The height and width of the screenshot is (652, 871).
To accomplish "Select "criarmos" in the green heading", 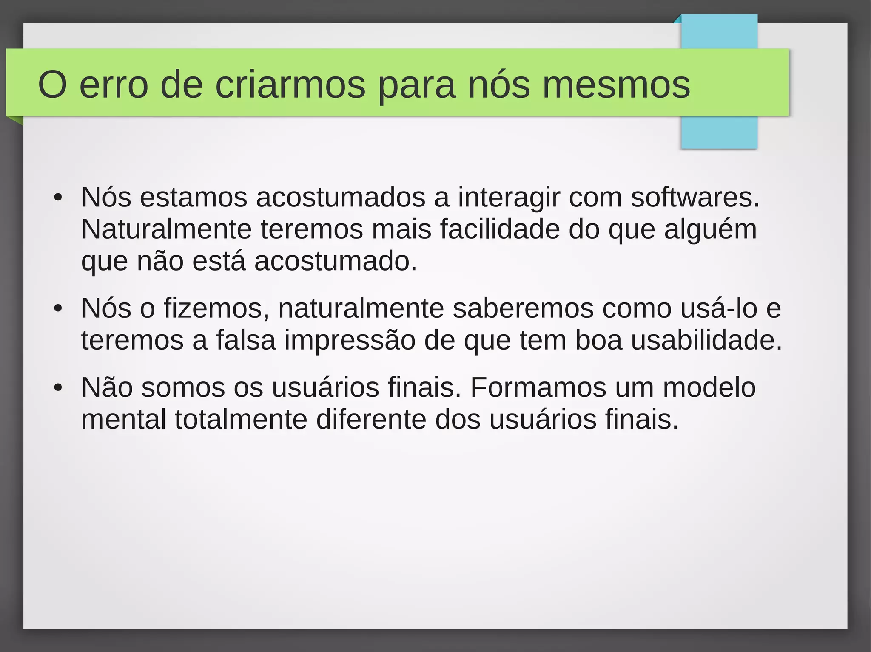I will [x=290, y=85].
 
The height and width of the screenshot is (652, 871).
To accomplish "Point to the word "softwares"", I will [x=695, y=198].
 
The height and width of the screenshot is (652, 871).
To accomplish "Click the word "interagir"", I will [x=509, y=198].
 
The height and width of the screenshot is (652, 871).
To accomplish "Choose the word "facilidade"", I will [x=500, y=229].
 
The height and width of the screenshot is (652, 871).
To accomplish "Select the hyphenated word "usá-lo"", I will [x=719, y=308].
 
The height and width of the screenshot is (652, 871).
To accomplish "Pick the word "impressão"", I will [x=350, y=341].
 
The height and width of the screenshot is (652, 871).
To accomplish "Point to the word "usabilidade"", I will [x=706, y=340].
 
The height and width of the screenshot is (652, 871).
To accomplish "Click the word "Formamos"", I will [x=538, y=387].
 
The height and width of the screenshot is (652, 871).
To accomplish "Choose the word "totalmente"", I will [x=241, y=419].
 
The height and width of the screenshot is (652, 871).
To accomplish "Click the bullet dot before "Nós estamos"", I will [x=58, y=198].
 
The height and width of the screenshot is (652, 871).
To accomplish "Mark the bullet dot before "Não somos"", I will [x=58, y=388].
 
